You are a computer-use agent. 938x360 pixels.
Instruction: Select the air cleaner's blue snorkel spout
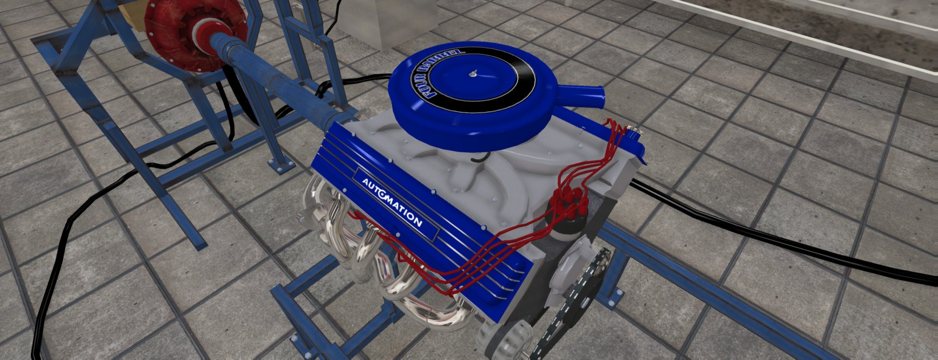581,95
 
